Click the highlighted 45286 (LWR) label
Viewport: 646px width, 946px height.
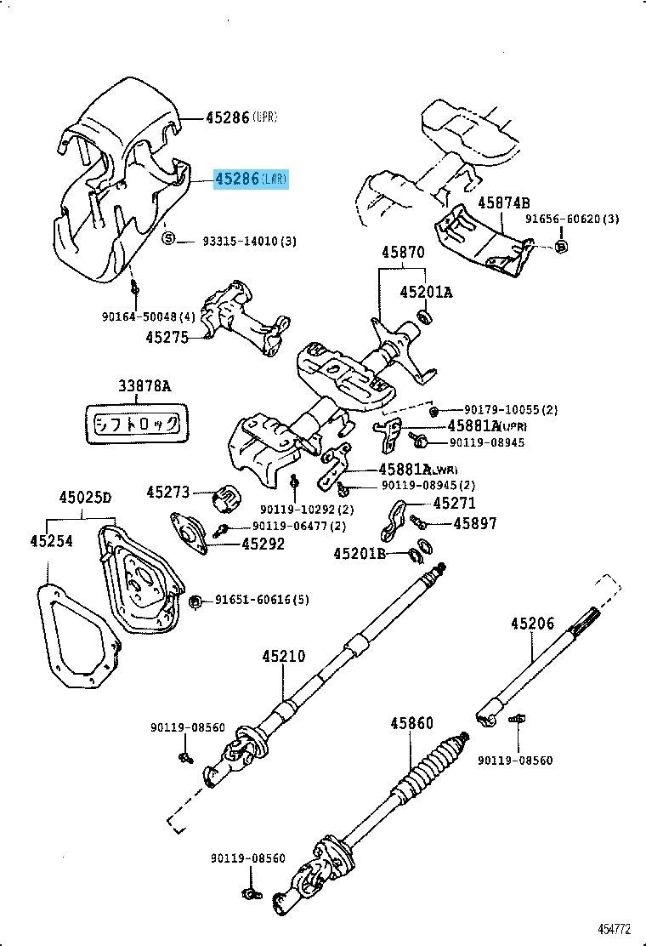(251, 179)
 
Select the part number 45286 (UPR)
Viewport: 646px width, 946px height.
(241, 117)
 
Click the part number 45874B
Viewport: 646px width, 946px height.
(503, 203)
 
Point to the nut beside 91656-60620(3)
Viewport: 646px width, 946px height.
(560, 247)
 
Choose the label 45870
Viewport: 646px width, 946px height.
(402, 253)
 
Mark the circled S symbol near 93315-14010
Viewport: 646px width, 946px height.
(168, 238)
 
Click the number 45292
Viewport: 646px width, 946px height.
(263, 544)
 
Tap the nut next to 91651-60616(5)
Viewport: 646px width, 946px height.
(195, 602)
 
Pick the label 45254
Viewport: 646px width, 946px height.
(54, 541)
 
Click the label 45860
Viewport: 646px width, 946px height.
(412, 724)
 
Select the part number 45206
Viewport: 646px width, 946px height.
(532, 624)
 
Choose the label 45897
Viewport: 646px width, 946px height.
(476, 524)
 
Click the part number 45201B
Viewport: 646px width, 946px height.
(360, 554)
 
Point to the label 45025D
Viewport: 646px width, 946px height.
(85, 499)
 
